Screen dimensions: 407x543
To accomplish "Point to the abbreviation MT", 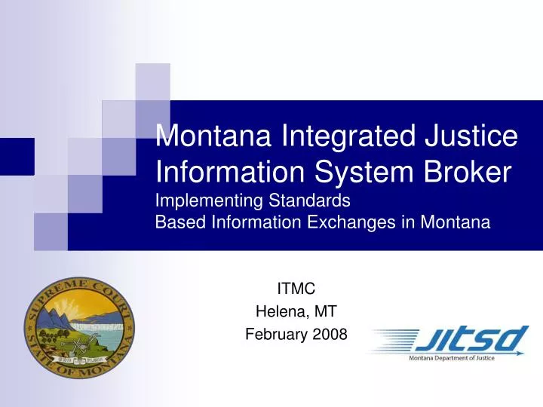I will [x=327, y=311].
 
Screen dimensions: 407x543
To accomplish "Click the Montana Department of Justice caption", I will [x=451, y=359].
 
